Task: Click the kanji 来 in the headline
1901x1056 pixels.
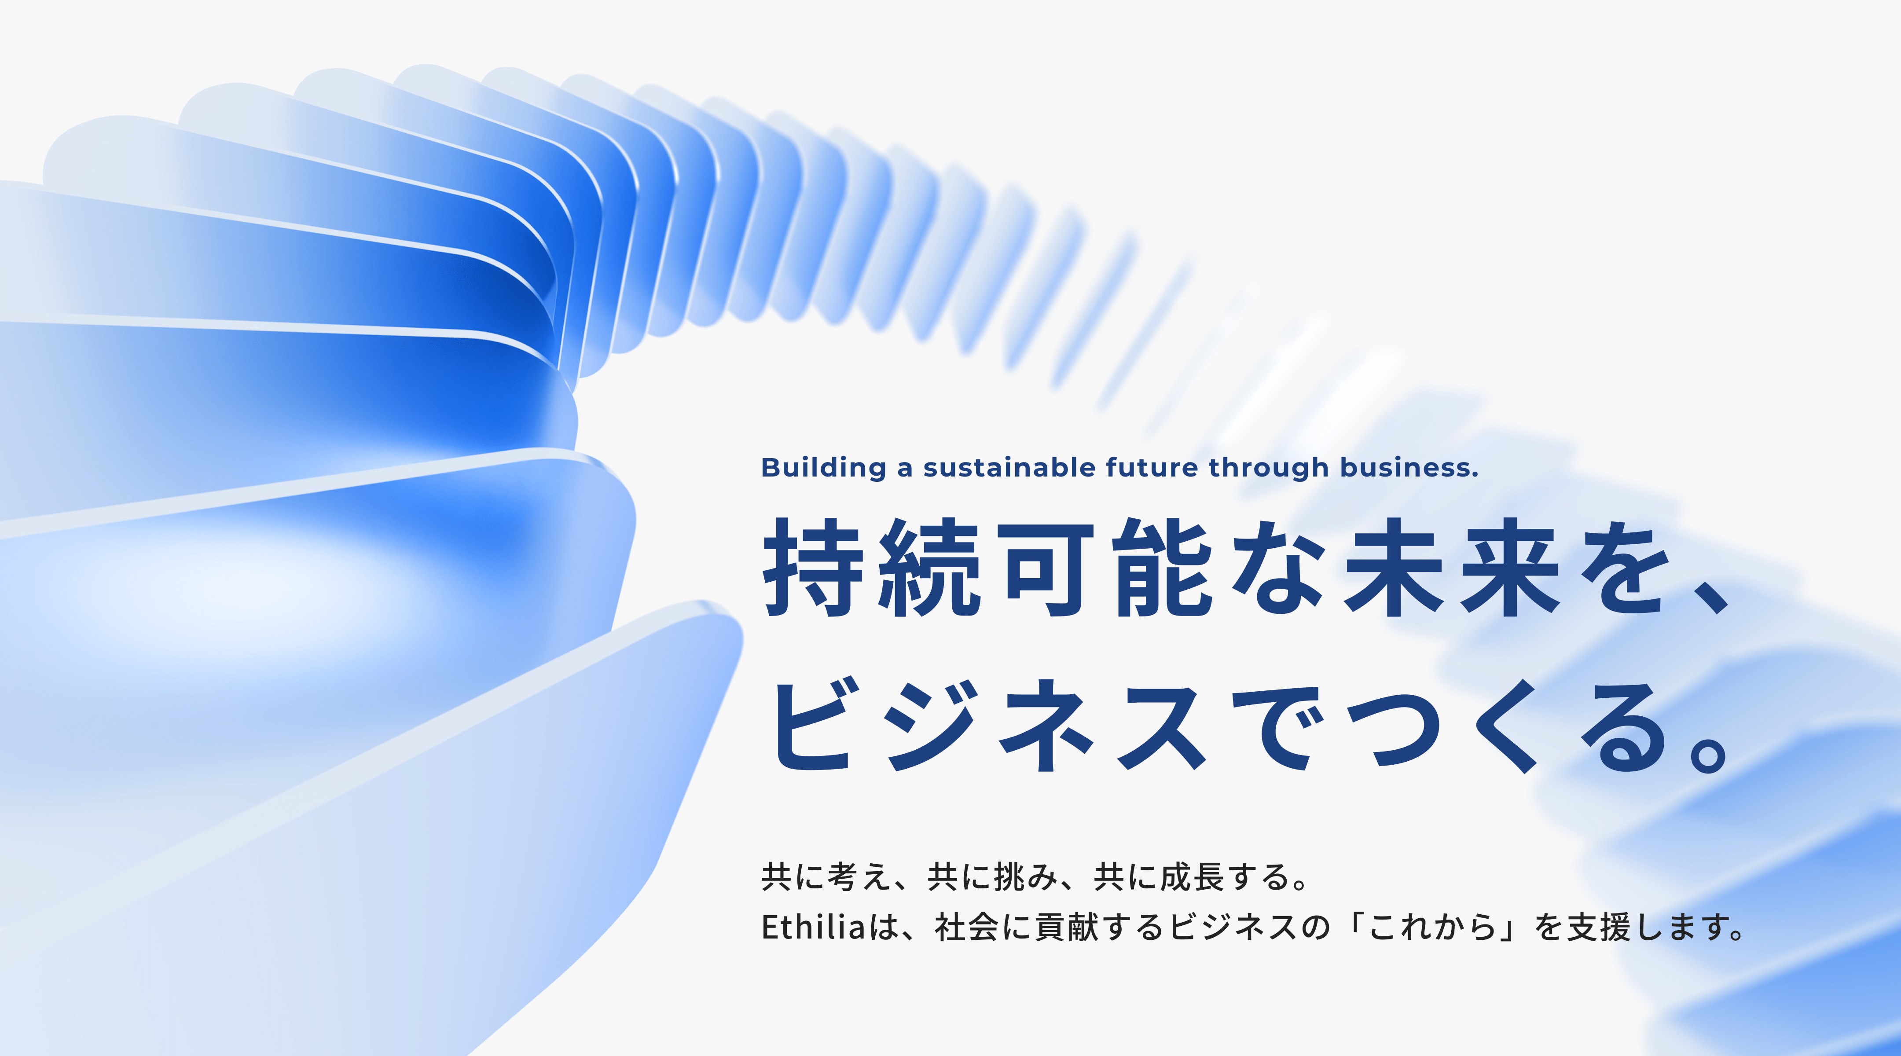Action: (x=1510, y=568)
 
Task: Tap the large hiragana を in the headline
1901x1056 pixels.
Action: (x=1623, y=568)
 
